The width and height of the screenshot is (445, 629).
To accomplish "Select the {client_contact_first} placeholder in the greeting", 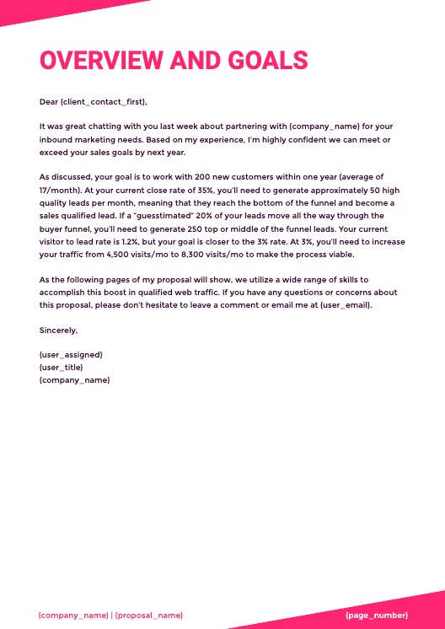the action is tap(104, 102).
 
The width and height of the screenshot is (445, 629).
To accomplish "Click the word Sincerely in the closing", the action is tap(58, 331).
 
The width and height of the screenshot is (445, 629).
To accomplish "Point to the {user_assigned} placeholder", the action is tap(71, 355).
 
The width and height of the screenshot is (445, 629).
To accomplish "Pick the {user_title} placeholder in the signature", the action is tap(62, 368).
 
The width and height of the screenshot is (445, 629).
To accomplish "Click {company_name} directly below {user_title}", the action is tap(74, 380).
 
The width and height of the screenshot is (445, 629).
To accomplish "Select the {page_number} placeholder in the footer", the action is tap(376, 616).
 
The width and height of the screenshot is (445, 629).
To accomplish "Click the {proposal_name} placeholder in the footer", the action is tap(149, 616).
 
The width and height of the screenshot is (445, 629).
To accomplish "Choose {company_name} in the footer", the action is tap(73, 616).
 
